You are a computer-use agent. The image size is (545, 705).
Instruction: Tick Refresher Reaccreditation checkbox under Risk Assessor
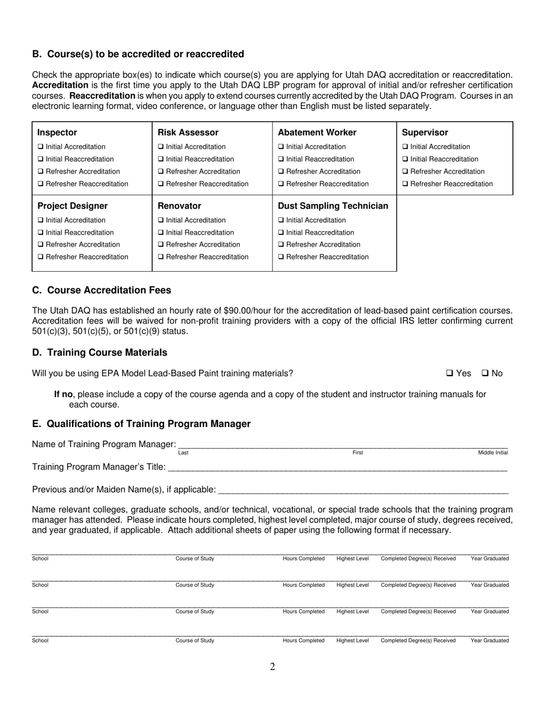(x=161, y=184)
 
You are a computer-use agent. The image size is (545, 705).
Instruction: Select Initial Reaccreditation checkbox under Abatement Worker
(x=281, y=159)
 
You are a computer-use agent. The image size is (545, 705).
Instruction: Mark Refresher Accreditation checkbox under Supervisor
(x=406, y=172)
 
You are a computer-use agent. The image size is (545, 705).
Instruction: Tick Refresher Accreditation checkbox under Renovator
(x=161, y=245)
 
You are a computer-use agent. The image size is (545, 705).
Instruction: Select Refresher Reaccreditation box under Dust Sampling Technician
(x=281, y=257)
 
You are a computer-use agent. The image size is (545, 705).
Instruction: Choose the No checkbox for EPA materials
(x=485, y=374)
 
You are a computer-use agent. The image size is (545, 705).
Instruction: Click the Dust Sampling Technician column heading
(x=333, y=206)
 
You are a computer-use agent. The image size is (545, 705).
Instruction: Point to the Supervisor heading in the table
(x=425, y=132)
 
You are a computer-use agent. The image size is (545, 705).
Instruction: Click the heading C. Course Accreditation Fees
(x=102, y=290)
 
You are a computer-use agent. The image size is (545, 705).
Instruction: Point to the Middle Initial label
(x=493, y=453)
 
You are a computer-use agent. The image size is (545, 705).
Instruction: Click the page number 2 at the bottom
(x=272, y=667)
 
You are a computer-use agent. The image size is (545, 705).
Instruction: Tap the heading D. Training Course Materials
(x=100, y=352)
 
